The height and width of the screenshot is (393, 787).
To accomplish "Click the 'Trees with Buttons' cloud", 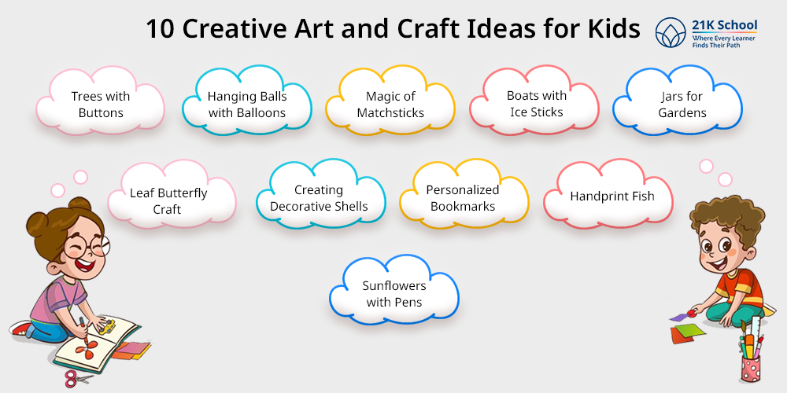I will (x=101, y=105).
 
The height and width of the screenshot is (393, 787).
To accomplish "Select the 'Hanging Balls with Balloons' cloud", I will (x=247, y=105).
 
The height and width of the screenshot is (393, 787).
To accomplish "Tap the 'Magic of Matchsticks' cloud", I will (x=390, y=105).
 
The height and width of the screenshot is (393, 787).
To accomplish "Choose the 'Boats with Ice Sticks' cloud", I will (x=536, y=104).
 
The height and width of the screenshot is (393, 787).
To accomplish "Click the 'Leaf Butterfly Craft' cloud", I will (x=168, y=200).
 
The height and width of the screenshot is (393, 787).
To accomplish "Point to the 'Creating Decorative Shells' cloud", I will (x=319, y=198).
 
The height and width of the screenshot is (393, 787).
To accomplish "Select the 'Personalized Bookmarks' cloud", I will (x=463, y=198).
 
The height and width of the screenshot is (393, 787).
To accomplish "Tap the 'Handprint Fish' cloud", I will (x=612, y=196).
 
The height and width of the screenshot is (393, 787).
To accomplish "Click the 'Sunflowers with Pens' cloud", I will (x=393, y=294).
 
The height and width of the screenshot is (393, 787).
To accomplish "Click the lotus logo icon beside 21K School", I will (x=671, y=32).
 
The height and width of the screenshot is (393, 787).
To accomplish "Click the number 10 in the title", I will (x=160, y=30).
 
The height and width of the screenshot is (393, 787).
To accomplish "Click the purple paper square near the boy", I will (x=678, y=317).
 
